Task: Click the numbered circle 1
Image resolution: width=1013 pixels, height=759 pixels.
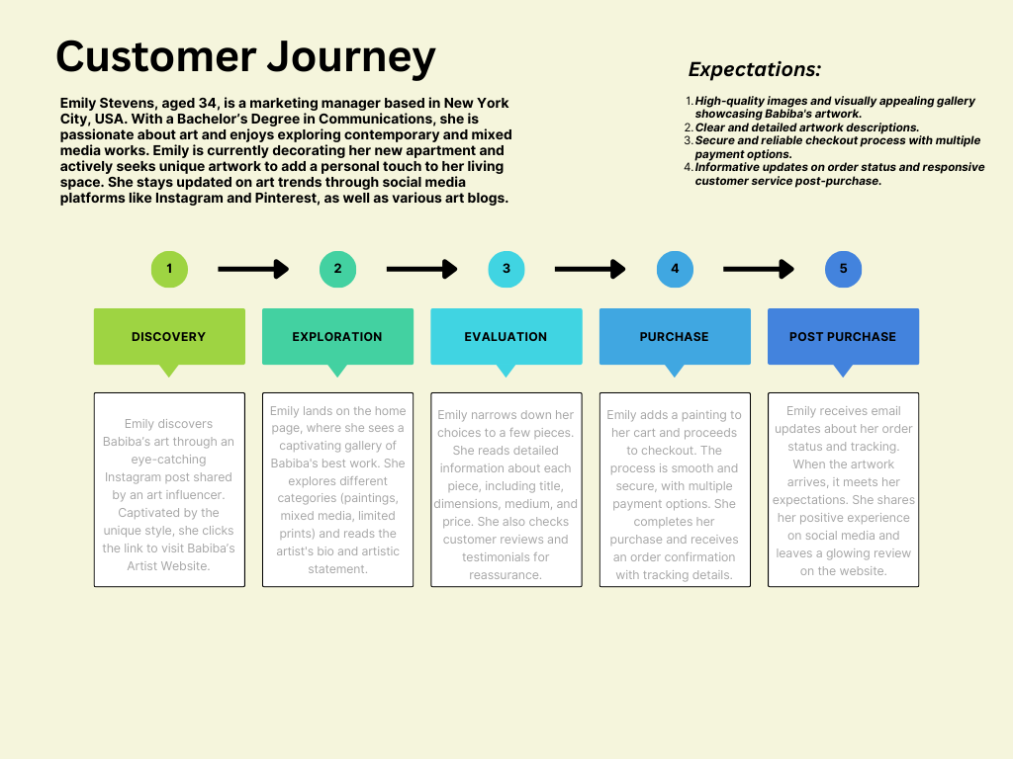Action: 169,269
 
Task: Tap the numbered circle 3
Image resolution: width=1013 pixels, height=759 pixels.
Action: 506,269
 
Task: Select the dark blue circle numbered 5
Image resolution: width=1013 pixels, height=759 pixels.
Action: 843,269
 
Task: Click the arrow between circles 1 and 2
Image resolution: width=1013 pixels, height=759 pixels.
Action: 252,269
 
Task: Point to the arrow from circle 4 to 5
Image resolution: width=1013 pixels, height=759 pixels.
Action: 758,269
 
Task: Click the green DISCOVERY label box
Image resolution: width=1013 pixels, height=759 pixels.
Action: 169,336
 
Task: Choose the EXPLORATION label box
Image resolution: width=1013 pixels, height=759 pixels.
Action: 337,336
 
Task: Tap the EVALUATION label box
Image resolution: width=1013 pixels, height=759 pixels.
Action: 506,336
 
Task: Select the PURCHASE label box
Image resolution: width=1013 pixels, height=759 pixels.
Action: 674,336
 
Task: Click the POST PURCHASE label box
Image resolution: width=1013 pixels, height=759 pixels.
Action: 843,336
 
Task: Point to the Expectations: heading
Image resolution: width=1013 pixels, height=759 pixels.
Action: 755,70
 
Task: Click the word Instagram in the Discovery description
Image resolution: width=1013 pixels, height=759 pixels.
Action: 133,477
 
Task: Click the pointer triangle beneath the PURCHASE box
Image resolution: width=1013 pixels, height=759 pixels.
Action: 674,371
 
